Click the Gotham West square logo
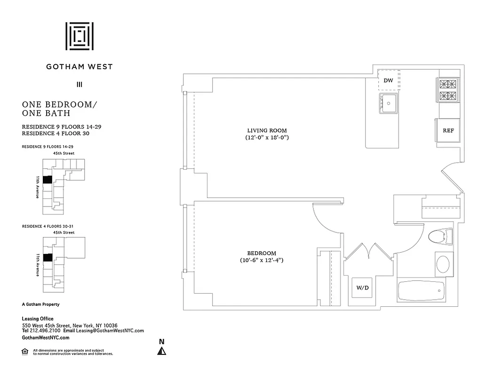pyautogui.click(x=79, y=36)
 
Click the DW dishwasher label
pyautogui.click(x=388, y=81)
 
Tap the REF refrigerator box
pyautogui.click(x=448, y=131)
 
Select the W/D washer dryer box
pyautogui.click(x=362, y=288)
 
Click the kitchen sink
pyautogui.click(x=389, y=103)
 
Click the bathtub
pyautogui.click(x=422, y=291)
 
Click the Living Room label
pyautogui.click(x=267, y=131)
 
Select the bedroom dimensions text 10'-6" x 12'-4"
pyautogui.click(x=261, y=260)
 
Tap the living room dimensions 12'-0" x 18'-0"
pyautogui.click(x=267, y=138)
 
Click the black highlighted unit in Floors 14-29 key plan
pyautogui.click(x=47, y=180)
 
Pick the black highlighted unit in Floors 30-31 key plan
pyautogui.click(x=47, y=258)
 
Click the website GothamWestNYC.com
pyautogui.click(x=46, y=337)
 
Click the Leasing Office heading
pyautogui.click(x=38, y=319)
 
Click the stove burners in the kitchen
pyautogui.click(x=447, y=90)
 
